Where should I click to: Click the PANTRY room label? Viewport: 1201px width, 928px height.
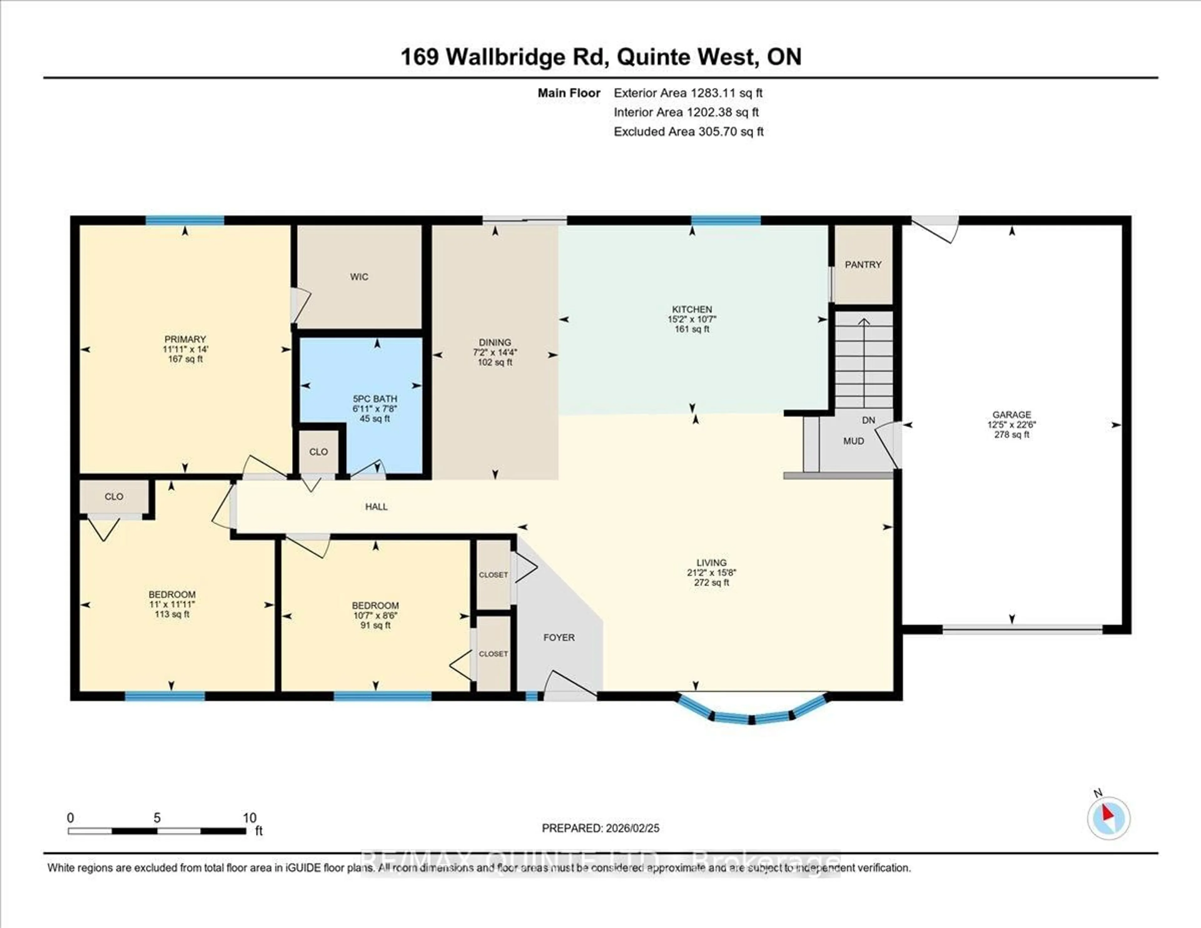pos(863,265)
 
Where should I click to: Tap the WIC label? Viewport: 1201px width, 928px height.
pos(359,277)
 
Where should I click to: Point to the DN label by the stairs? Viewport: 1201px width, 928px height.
pos(868,420)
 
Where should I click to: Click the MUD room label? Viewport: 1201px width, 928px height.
pos(854,441)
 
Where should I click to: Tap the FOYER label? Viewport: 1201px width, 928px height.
pos(559,638)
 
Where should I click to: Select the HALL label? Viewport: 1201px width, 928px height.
pos(376,507)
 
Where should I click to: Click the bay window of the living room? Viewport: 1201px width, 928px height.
pos(752,713)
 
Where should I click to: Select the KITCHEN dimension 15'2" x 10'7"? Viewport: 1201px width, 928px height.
pos(692,319)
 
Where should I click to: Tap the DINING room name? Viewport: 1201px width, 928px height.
pos(494,342)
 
